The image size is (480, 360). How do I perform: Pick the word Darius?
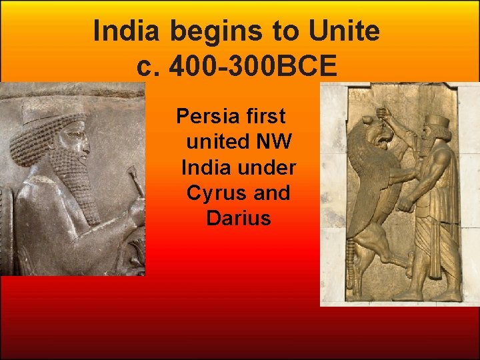pyautogui.click(x=239, y=218)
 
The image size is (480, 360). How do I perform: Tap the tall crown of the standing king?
pyautogui.click(x=438, y=124)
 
